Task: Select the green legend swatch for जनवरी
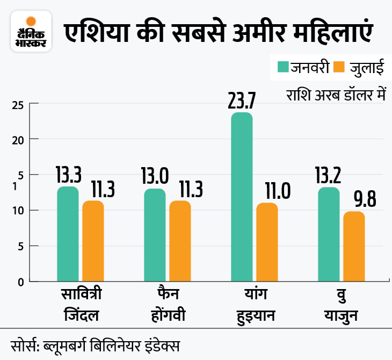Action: (x=283, y=67)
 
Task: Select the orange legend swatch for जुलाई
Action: (x=339, y=67)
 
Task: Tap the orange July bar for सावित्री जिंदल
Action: (x=93, y=241)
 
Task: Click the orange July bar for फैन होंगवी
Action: (x=180, y=241)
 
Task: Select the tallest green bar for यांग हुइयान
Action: (x=242, y=197)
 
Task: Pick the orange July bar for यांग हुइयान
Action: (x=267, y=242)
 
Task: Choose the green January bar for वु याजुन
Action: (x=329, y=234)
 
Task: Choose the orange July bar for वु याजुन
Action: (x=354, y=246)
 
